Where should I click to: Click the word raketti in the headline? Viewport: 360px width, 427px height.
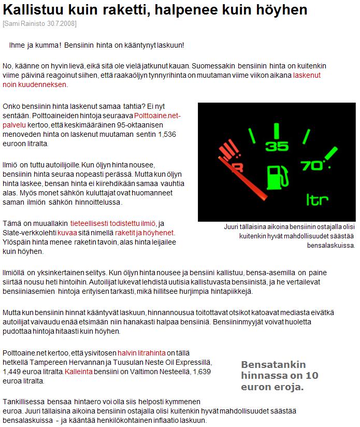[x=125, y=10]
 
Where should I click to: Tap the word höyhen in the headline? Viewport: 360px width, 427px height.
[x=282, y=10]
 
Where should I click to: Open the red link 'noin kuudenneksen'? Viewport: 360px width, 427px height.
[x=34, y=84]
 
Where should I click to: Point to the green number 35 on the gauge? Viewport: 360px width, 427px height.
[x=276, y=146]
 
